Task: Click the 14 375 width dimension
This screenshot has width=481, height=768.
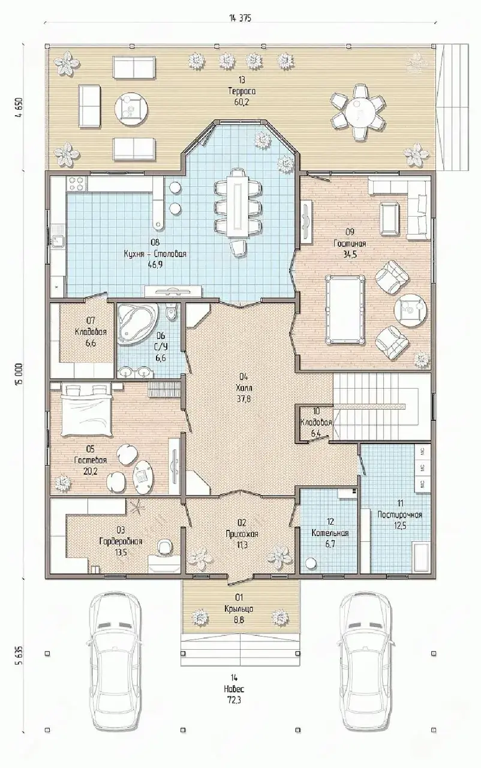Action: point(240,18)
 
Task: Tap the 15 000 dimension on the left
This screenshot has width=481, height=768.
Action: point(19,375)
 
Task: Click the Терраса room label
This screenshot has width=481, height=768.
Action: point(242,91)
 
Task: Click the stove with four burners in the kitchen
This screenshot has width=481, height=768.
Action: point(77,182)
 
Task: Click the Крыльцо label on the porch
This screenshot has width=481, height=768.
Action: point(239,608)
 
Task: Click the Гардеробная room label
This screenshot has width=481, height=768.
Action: point(121,541)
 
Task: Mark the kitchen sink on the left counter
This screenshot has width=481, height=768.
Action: point(57,237)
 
